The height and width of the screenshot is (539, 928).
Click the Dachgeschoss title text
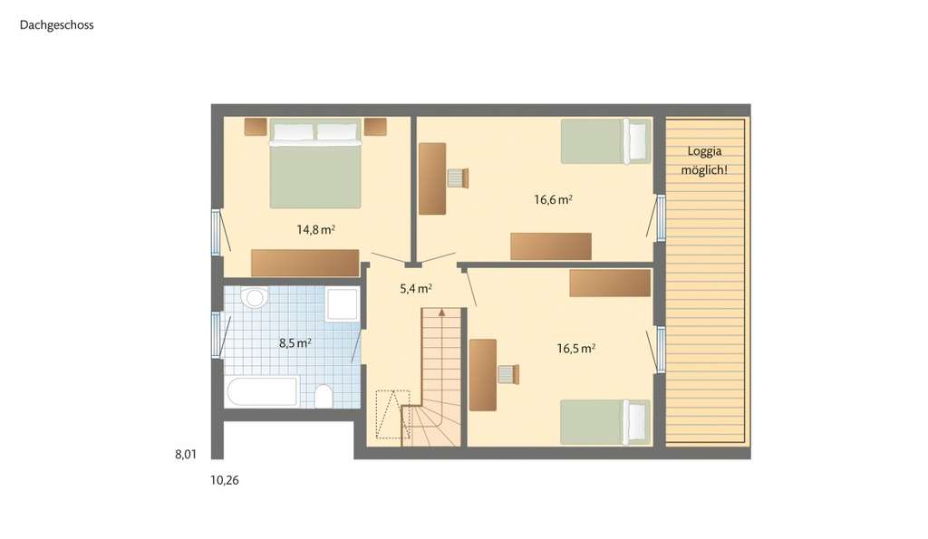pos(56,25)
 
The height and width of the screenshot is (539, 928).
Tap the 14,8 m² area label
pos(315,230)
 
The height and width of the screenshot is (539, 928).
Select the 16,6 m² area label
pos(553,200)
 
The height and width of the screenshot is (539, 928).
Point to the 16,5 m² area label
pos(575,348)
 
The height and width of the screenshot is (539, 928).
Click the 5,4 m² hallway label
pos(415,289)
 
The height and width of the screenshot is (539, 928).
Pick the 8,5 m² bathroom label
pos(295,343)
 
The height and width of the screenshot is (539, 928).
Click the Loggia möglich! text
pos(707,161)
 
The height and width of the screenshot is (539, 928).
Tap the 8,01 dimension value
pos(186,455)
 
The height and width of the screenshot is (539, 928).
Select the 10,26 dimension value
pos(225,480)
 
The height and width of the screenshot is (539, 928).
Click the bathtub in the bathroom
pos(262,392)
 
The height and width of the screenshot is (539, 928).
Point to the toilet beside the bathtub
pos(323,396)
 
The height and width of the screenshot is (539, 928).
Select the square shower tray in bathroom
pos(343,304)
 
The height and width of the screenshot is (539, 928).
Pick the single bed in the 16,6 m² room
pos(605,141)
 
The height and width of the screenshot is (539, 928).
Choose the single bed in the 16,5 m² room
pos(605,421)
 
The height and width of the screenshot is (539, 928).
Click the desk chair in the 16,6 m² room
pos(458,178)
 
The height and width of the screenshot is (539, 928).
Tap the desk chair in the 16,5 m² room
pos(508,374)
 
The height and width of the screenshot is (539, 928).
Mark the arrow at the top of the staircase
pos(441,313)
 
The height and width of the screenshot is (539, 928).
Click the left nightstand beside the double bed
pos(256,127)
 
